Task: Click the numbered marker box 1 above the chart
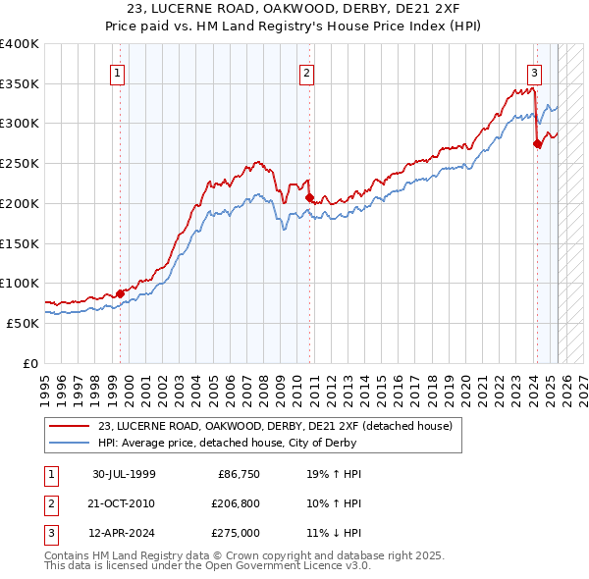coord(117,72)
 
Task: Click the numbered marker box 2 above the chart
coord(306,72)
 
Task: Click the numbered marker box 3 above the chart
coord(534,72)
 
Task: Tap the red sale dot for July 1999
coord(121,292)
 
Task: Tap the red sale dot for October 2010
coord(310,197)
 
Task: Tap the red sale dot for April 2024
coord(537,143)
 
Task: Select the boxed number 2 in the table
coord(48,503)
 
